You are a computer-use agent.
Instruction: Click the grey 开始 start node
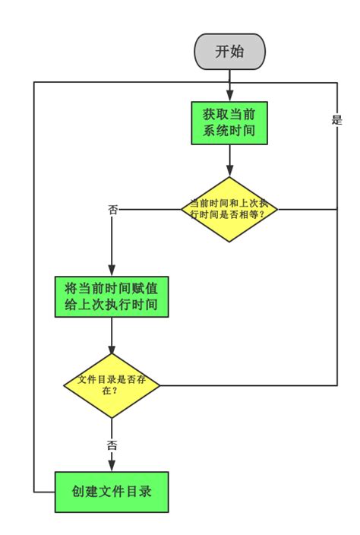point(229,52)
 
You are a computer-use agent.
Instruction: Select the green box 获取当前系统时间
point(229,122)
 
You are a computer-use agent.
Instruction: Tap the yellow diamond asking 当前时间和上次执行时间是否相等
point(229,209)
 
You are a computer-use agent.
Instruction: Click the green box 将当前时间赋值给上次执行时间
point(112,296)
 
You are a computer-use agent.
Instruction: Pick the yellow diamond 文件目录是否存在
point(112,385)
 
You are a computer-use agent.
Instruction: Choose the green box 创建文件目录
point(112,492)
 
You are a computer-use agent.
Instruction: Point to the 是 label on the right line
point(337,119)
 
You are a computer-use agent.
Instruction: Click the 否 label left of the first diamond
point(112,209)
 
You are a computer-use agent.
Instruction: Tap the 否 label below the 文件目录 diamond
point(112,445)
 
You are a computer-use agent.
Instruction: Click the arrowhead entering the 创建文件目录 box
point(112,467)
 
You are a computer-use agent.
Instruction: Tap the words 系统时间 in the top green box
point(229,132)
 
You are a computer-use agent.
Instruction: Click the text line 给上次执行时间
point(112,306)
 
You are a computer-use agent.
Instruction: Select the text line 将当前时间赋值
point(112,287)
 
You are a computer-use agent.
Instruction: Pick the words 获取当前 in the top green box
point(229,113)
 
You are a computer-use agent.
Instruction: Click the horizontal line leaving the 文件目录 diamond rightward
point(251,385)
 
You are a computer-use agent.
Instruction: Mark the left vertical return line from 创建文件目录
point(34,304)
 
